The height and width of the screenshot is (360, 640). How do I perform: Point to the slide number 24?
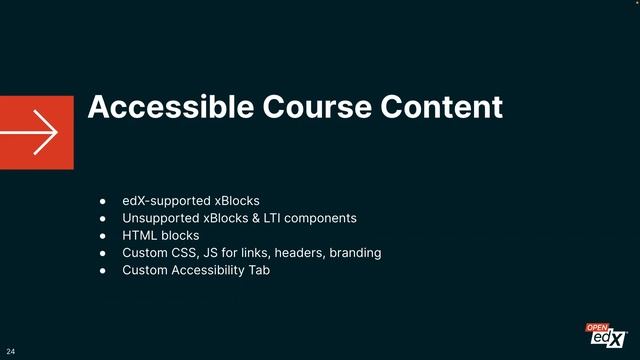[x=11, y=352]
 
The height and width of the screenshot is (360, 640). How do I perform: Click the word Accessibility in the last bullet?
[x=211, y=270]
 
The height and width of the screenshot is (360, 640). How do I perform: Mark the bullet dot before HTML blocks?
[x=102, y=236]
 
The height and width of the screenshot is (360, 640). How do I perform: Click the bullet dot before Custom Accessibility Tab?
[x=102, y=271]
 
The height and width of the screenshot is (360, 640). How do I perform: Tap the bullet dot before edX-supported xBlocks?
[x=102, y=201]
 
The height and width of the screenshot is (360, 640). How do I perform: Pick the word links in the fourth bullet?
[x=251, y=253]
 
